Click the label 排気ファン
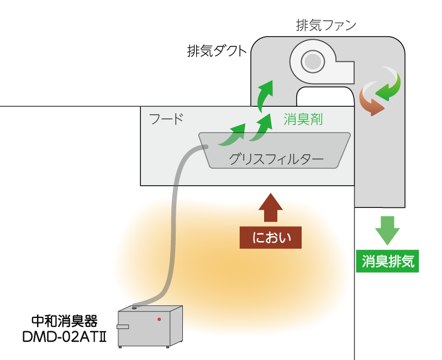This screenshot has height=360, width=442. tap(325, 25)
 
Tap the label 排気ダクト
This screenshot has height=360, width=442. tap(216, 51)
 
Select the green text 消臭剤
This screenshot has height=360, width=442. tap(303, 119)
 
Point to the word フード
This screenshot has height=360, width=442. tap(166, 119)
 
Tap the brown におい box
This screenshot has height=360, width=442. tap(271, 237)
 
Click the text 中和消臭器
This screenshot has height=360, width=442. tap(65, 321)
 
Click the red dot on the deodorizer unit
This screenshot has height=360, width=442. tap(159, 319)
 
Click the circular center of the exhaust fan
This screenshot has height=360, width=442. tap(312, 61)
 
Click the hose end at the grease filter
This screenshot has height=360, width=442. tap(204, 147)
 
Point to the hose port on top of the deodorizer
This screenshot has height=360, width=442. tap(135, 307)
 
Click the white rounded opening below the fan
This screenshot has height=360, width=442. tap(325, 96)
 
